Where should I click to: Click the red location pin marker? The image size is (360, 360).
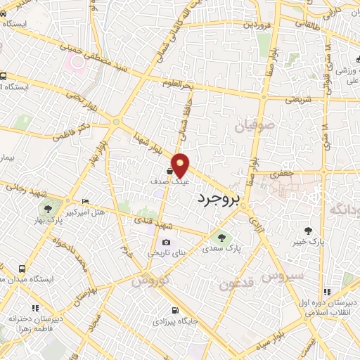[x=181, y=165]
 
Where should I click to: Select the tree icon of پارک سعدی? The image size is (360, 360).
[x=223, y=238]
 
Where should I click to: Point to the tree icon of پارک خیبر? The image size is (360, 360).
[x=307, y=230]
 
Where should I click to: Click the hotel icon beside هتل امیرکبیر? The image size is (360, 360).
[x=86, y=201]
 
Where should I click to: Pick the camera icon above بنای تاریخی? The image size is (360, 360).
[x=166, y=243]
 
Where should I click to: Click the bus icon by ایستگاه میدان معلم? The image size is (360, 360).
[x=22, y=269]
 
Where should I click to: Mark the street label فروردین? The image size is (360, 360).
[x=257, y=24]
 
